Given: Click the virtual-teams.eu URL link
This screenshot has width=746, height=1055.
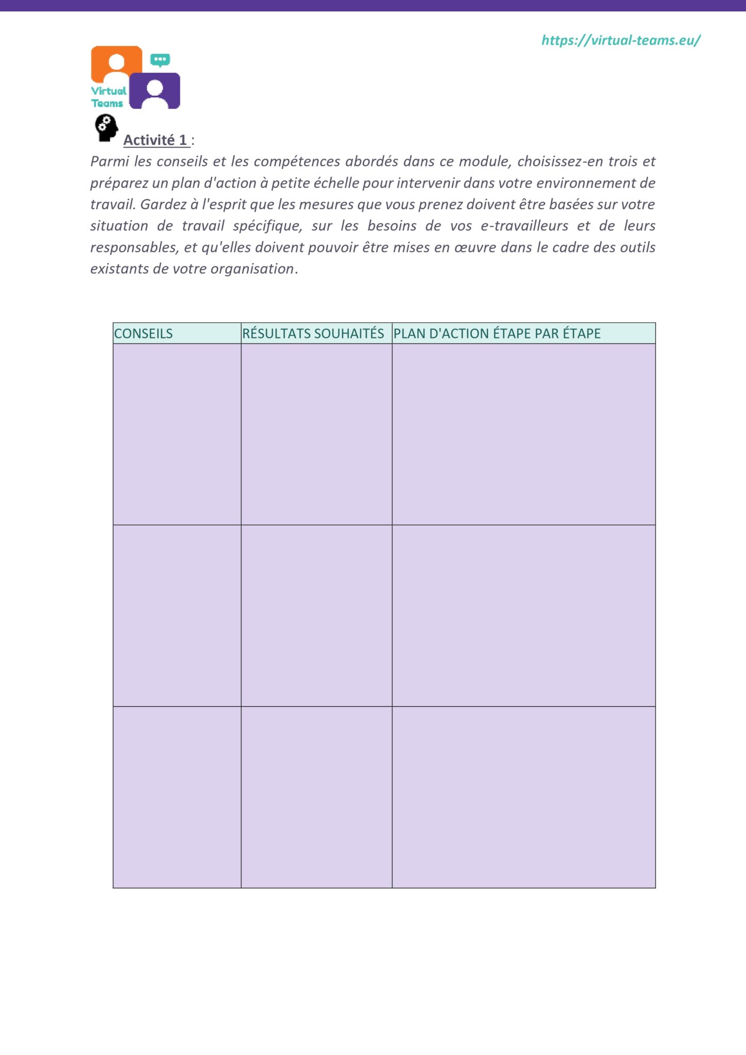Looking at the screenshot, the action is pos(620,40).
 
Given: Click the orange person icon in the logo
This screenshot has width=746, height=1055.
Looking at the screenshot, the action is pos(116,63).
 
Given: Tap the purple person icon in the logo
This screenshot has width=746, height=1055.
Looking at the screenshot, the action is pos(155,91).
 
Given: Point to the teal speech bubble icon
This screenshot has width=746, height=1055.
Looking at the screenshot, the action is pos(160,60).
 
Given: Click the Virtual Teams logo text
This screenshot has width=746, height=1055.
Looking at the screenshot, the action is pos(108,97).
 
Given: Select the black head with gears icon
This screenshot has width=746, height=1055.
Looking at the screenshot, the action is pos(106,128).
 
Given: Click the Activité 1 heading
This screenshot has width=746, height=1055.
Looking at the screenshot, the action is pos(156,140).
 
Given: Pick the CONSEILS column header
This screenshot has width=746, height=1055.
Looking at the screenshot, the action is pos(144,333).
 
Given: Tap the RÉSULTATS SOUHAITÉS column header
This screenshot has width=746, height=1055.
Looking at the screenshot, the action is pos(313,333).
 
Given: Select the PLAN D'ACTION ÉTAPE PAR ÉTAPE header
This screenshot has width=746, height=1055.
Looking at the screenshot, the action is pos(497,333).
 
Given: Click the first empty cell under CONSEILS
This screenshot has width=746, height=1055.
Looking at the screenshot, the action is pos(177,434).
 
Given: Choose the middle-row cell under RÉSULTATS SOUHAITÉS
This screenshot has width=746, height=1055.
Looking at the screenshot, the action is pos(316,616).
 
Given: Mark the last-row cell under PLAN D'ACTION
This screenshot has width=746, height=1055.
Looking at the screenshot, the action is pos(523,797).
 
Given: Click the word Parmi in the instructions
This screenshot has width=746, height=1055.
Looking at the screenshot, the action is pos(109,161).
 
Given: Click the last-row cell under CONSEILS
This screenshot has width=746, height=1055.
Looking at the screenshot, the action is pos(177,797).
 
